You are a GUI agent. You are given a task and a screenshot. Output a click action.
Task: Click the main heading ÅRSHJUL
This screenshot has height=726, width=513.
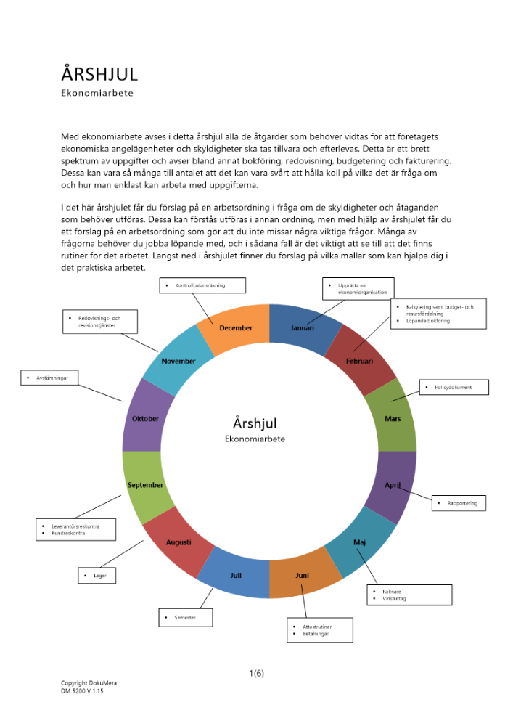99,73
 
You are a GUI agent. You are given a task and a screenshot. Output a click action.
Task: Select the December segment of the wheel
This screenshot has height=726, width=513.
236,328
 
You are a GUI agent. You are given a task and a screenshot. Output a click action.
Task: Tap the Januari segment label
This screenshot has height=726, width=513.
303,328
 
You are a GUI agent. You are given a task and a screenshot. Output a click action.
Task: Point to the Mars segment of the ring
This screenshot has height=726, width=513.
393,419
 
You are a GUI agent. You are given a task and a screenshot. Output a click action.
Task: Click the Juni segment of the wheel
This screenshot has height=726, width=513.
303,576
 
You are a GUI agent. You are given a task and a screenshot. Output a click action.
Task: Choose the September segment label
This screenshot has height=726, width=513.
145,485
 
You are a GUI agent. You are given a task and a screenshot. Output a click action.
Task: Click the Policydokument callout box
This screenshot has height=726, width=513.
454,388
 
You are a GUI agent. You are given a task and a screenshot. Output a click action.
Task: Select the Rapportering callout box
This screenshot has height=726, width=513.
461,502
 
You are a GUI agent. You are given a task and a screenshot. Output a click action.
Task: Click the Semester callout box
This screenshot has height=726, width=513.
186,618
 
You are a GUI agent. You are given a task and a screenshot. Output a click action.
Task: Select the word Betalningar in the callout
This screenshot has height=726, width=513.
316,634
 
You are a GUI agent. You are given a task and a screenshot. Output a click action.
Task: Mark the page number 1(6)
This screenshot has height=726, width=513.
256,673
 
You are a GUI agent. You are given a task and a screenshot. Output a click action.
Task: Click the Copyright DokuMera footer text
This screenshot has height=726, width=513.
89,683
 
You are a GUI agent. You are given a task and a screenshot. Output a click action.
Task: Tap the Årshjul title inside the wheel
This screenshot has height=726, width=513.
255,423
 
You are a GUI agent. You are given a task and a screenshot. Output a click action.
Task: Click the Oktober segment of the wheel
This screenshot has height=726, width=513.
145,419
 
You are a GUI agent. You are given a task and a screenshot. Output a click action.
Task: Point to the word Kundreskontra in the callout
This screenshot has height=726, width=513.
68,534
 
